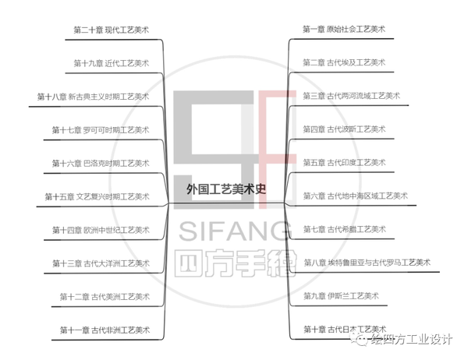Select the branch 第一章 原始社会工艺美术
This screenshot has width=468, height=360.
[343, 29]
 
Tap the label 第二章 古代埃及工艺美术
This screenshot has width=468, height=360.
[344, 62]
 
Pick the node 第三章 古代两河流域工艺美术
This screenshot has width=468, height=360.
[351, 96]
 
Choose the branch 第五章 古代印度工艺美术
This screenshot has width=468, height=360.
[344, 162]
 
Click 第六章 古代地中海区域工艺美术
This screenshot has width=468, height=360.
[355, 196]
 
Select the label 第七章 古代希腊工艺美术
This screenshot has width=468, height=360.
[344, 229]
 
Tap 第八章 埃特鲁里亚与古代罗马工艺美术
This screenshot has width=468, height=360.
[366, 262]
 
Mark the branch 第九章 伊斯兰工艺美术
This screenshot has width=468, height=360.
[340, 296]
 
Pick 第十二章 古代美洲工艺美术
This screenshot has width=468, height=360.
[105, 296]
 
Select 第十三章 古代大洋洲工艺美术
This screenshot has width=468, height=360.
[101, 263]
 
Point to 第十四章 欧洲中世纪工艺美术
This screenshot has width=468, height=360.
[101, 229]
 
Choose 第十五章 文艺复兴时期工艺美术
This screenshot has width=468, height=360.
[97, 196]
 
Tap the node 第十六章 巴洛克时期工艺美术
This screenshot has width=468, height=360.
[101, 162]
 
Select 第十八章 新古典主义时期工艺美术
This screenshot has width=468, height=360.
[93, 96]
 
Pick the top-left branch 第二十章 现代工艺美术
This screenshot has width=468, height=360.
[112, 30]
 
